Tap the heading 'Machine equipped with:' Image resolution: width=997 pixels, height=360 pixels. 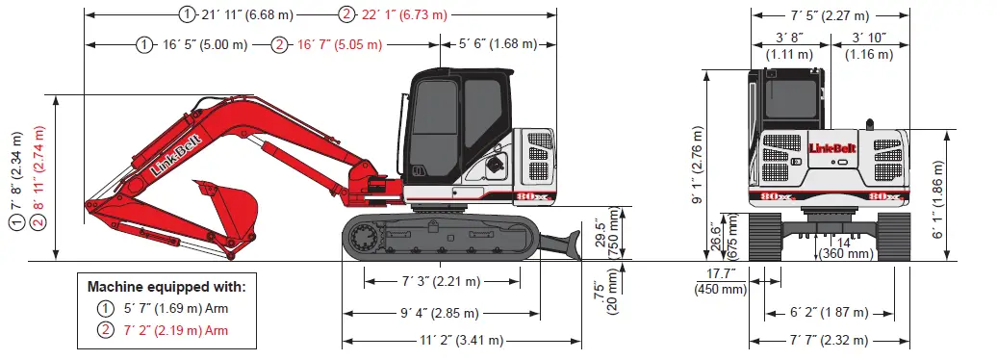coord(166,287)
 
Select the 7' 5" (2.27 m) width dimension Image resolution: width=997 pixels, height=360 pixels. coord(830,14)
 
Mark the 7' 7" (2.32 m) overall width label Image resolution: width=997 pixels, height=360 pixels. coord(830,340)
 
